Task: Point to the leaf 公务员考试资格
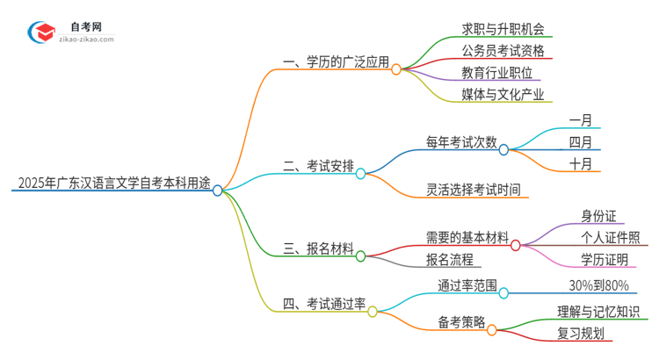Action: [503, 50]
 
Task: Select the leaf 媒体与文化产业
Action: [503, 94]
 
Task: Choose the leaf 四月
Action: [580, 141]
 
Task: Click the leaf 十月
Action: [580, 164]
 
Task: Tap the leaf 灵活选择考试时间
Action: [473, 188]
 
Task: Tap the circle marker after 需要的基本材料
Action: [516, 245]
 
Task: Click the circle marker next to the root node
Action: [218, 190]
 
